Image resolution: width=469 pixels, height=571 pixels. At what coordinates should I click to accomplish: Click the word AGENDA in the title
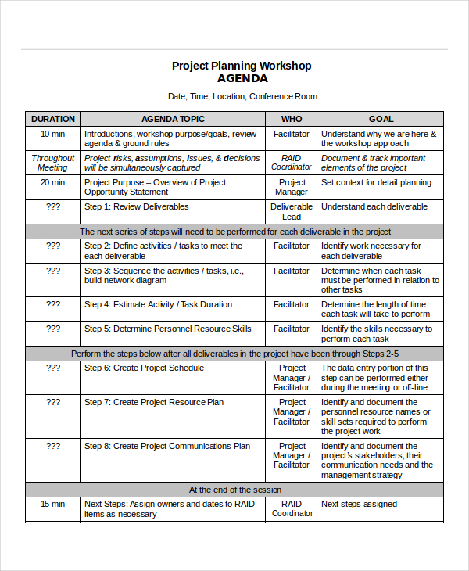pyautogui.click(x=242, y=79)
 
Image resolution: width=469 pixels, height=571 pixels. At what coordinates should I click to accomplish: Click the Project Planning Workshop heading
pyautogui.click(x=242, y=66)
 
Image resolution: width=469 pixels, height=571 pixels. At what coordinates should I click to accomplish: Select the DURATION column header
pyautogui.click(x=52, y=119)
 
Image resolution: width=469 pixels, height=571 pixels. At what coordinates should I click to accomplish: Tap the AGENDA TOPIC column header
pyautogui.click(x=173, y=119)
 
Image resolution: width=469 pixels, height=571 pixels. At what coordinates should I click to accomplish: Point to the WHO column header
pyautogui.click(x=292, y=119)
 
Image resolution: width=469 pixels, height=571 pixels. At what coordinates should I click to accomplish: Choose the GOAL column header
pyautogui.click(x=381, y=119)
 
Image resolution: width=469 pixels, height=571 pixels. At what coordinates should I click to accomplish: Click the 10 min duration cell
pyautogui.click(x=52, y=134)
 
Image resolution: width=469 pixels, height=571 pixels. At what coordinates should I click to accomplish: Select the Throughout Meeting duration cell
pyautogui.click(x=52, y=163)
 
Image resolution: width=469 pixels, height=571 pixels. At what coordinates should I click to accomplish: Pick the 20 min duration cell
pyautogui.click(x=52, y=182)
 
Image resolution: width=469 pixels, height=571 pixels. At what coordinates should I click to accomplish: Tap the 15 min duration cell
pyautogui.click(x=52, y=504)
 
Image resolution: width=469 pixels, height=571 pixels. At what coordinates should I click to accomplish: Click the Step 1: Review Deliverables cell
pyautogui.click(x=136, y=206)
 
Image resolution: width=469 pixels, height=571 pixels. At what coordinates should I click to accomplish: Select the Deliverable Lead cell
pyautogui.click(x=292, y=211)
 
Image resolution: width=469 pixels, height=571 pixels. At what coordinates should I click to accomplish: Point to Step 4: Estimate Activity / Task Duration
pyautogui.click(x=158, y=304)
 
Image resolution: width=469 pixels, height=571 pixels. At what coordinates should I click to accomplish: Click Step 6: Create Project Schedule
pyautogui.click(x=144, y=368)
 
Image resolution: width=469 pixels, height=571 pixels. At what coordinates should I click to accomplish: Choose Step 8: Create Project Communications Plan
pyautogui.click(x=167, y=446)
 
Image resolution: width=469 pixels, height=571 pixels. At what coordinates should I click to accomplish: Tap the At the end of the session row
pyautogui.click(x=234, y=490)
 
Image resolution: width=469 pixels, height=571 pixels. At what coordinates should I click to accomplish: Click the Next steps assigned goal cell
pyautogui.click(x=359, y=504)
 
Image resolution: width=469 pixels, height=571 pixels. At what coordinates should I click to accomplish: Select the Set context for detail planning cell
pyautogui.click(x=376, y=182)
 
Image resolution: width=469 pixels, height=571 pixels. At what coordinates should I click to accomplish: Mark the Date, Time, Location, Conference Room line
pyautogui.click(x=242, y=97)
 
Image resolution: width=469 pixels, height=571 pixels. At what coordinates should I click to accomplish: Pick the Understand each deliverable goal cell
pyautogui.click(x=374, y=206)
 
